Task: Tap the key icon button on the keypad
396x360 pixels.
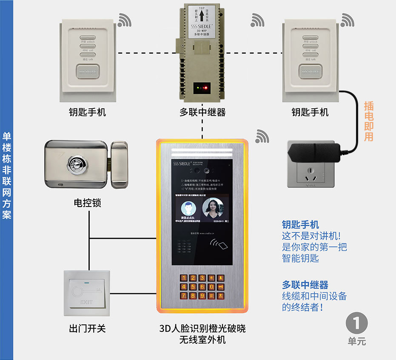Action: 220,287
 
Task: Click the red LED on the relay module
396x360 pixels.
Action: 205,89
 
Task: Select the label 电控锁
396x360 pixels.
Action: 87,203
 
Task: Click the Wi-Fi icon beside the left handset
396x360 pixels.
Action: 125,20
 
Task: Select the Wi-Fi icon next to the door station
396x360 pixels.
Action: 262,136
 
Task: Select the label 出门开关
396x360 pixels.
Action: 87,329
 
